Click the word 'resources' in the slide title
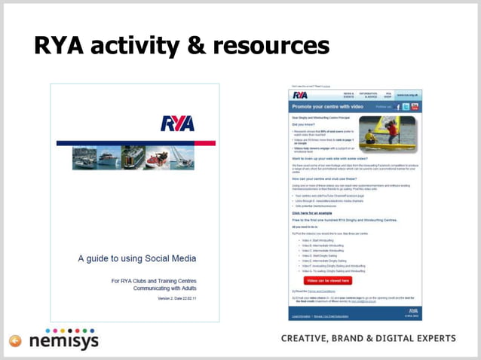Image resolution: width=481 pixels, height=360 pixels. click(x=271, y=47)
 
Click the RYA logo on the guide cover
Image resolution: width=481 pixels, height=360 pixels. click(x=178, y=124)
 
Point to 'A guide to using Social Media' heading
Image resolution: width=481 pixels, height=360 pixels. click(x=137, y=258)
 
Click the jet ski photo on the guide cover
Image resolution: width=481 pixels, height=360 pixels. click(x=157, y=157)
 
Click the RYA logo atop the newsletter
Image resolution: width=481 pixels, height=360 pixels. click(x=300, y=95)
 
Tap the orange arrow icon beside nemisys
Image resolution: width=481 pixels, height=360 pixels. click(x=15, y=341)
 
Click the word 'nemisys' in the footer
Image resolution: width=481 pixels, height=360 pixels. click(x=63, y=341)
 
